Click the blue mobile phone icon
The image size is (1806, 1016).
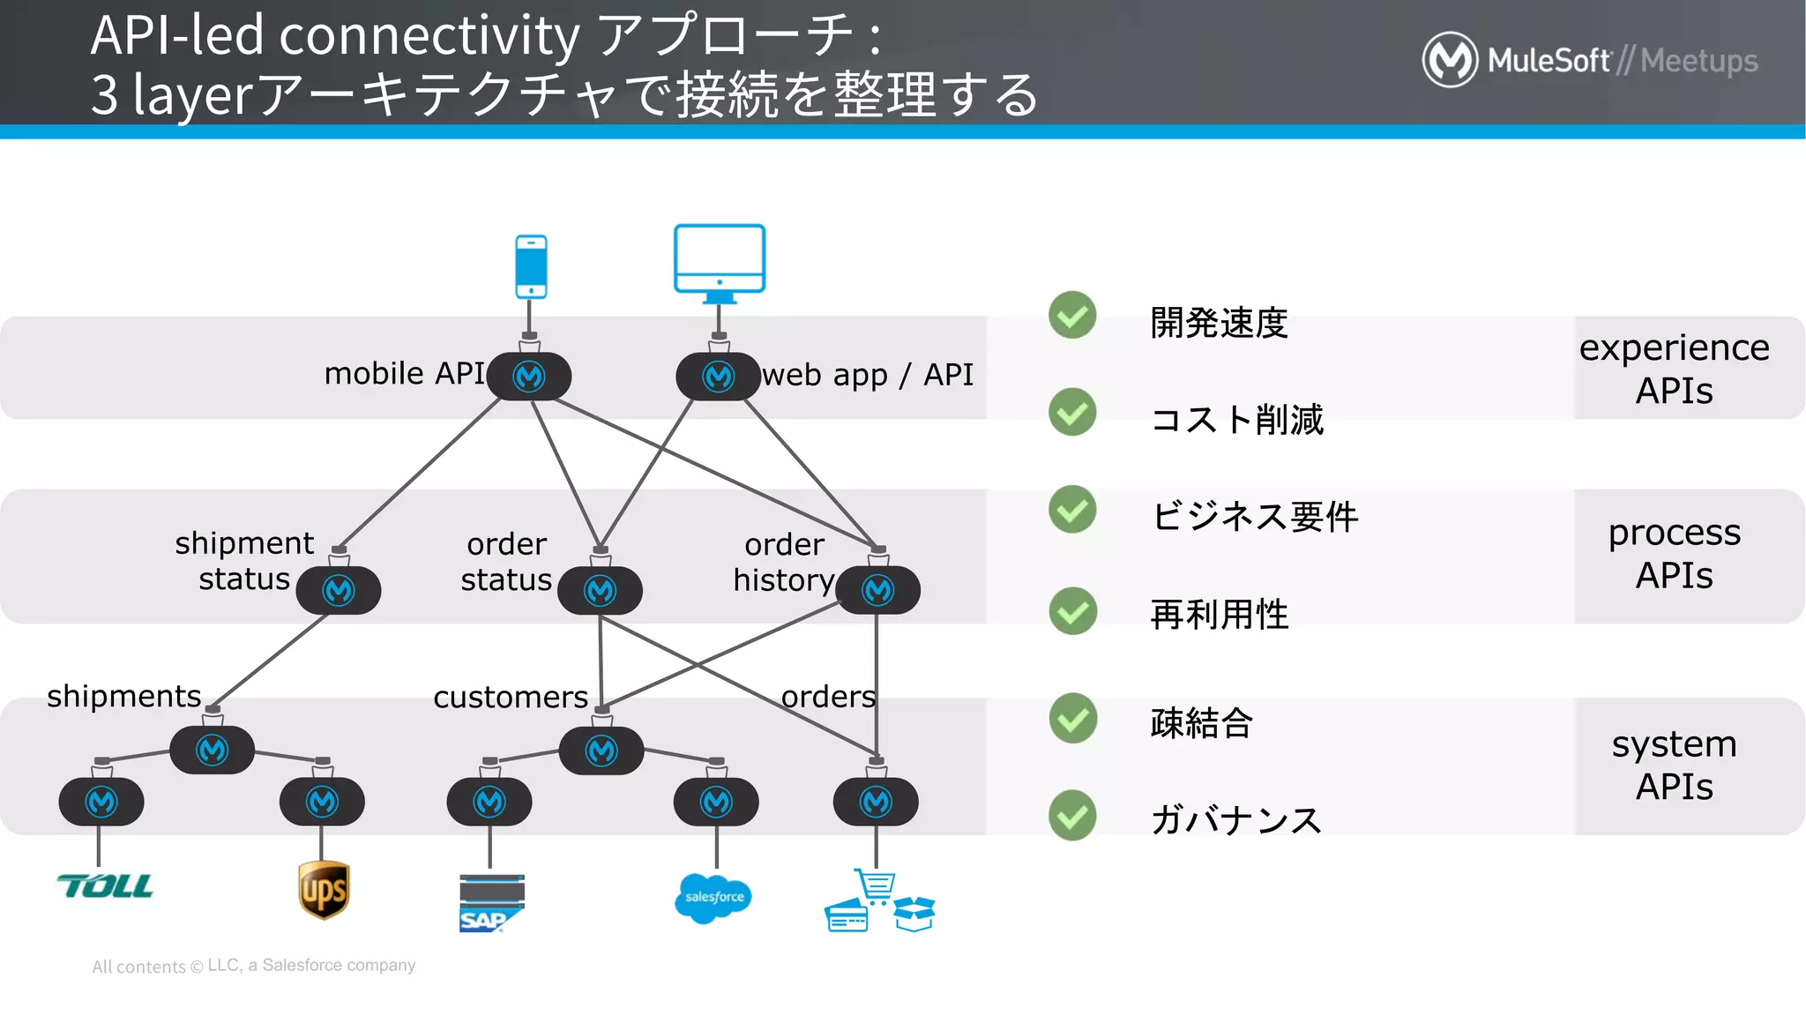(x=531, y=266)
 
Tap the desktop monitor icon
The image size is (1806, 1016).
(x=720, y=259)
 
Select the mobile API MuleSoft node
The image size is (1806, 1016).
(x=529, y=377)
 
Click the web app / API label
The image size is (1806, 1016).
(x=868, y=375)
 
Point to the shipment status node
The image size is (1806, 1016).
(x=339, y=590)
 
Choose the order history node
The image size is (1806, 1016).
(x=877, y=590)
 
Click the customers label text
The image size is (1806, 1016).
(x=511, y=697)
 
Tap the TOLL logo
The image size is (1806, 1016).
(x=105, y=885)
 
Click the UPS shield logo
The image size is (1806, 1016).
(x=324, y=890)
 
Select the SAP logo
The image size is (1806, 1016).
(x=491, y=903)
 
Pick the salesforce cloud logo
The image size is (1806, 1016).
(x=713, y=897)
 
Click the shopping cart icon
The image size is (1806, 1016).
(x=875, y=885)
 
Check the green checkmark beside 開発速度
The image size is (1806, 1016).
(x=1072, y=316)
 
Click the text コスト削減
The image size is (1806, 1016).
(x=1236, y=420)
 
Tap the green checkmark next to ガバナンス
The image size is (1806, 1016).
(x=1072, y=815)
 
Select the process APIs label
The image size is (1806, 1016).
(x=1674, y=554)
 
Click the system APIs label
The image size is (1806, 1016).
(x=1674, y=765)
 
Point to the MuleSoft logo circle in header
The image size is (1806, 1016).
(x=1450, y=60)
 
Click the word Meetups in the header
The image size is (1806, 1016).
(x=1698, y=61)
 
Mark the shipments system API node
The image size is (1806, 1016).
(x=212, y=751)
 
